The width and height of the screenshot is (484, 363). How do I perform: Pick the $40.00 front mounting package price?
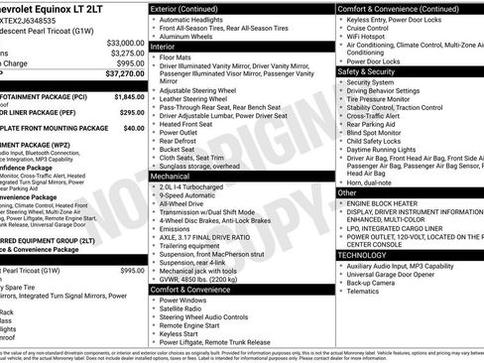(x=134, y=128)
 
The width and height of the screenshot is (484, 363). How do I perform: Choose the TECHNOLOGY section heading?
(x=363, y=255)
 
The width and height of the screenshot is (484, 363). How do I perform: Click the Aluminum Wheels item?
(x=187, y=35)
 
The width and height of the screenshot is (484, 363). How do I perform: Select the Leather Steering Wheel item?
(x=195, y=100)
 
